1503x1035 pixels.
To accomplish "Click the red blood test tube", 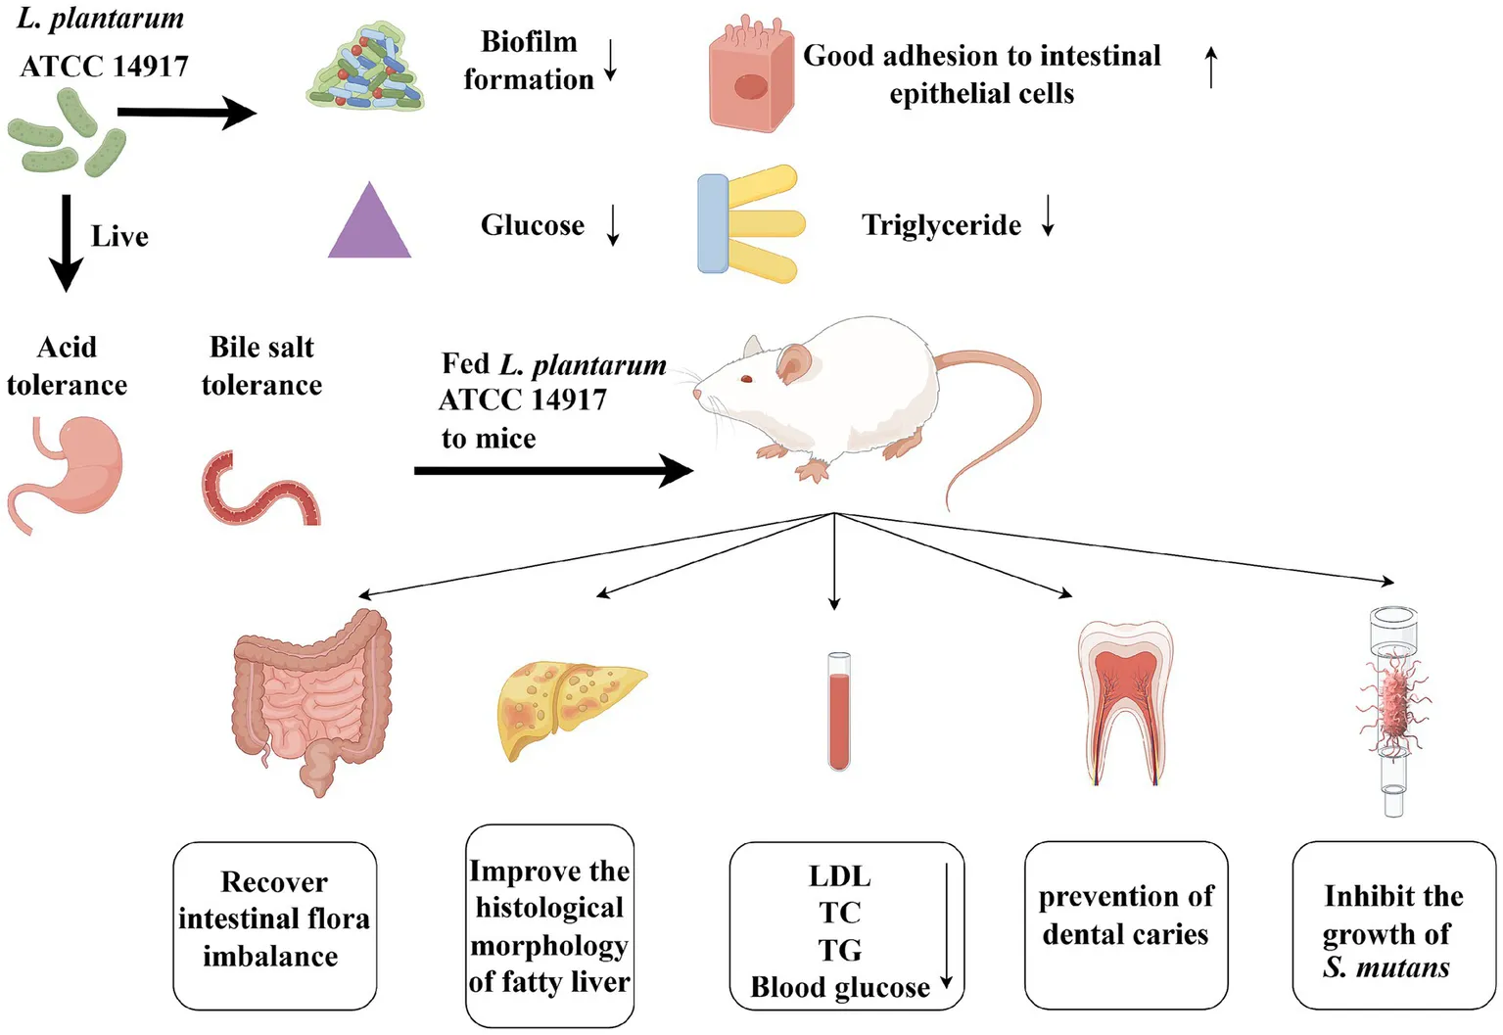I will coord(839,711).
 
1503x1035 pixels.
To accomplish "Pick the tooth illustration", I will coord(1125,700).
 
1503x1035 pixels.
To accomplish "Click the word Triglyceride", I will coord(941,225).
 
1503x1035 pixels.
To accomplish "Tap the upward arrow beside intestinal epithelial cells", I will coord(1211,68).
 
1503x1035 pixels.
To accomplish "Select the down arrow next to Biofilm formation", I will coord(611,61).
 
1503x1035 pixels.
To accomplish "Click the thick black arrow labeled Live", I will coord(66,242).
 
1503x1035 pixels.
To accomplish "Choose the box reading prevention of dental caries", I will coord(1126,924).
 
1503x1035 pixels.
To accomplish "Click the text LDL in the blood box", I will coord(839,875).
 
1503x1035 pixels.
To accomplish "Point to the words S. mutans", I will coord(1386,967).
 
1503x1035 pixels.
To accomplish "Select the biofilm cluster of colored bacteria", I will coord(365,69).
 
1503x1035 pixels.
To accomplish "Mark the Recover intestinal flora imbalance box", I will coord(274,924).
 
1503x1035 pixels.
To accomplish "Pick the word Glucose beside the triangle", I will coord(532,225).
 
